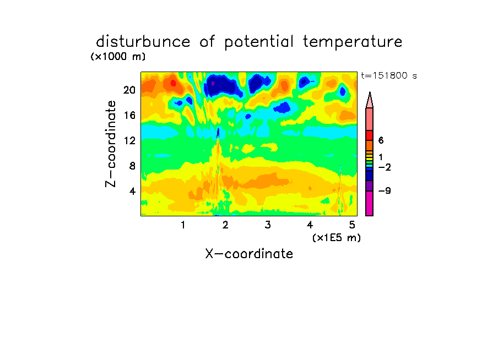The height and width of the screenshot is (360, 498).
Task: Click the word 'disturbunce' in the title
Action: (143, 42)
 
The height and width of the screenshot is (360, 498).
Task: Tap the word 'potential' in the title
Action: (259, 42)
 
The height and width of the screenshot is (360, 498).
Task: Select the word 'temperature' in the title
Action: (353, 42)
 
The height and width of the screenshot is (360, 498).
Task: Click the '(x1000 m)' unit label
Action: (118, 57)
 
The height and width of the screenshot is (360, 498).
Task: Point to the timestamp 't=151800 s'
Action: (389, 76)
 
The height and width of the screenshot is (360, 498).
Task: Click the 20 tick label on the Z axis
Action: (129, 90)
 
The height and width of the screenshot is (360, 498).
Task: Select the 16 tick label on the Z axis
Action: (129, 115)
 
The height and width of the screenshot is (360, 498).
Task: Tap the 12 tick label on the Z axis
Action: (129, 140)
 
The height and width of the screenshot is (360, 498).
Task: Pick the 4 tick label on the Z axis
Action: (132, 191)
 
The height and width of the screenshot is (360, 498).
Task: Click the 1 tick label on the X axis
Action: (183, 225)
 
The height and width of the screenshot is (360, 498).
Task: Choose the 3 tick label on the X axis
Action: (268, 225)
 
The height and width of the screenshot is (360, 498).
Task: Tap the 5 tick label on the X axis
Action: (352, 225)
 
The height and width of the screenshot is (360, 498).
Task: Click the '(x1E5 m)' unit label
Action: (337, 238)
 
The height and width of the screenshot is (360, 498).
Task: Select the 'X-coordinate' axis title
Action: (249, 254)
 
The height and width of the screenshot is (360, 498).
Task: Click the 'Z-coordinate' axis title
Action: (111, 144)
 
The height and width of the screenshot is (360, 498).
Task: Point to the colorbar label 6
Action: (381, 140)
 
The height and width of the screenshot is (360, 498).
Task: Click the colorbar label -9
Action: (385, 191)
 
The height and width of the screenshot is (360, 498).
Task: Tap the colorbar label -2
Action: (385, 167)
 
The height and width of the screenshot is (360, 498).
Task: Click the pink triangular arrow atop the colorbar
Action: (370, 100)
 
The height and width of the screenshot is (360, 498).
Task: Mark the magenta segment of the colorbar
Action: (370, 204)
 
